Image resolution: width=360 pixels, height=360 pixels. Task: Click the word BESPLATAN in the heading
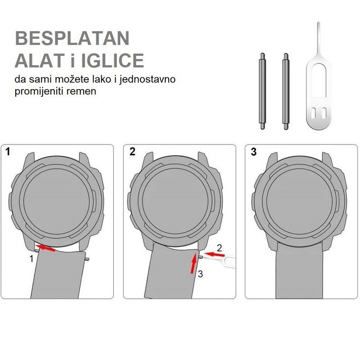(72, 38)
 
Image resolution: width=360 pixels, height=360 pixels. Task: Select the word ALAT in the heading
(40, 60)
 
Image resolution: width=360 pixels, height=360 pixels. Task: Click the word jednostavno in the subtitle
(148, 80)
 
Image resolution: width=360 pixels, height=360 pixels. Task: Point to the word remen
(81, 91)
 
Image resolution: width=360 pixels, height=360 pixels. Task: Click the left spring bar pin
(262, 91)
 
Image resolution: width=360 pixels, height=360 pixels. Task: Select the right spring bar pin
(286, 91)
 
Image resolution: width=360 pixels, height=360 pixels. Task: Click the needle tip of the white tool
(319, 23)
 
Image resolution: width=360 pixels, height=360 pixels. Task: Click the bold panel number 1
(8, 152)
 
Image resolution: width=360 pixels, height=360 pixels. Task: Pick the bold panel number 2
(132, 152)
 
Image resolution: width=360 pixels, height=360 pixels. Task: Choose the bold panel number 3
(254, 152)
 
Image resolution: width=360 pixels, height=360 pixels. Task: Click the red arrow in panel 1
(46, 248)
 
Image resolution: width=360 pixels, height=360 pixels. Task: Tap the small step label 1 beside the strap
(31, 259)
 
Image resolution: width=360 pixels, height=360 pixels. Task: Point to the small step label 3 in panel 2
(200, 274)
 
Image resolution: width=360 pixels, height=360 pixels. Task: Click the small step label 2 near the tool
(220, 248)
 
